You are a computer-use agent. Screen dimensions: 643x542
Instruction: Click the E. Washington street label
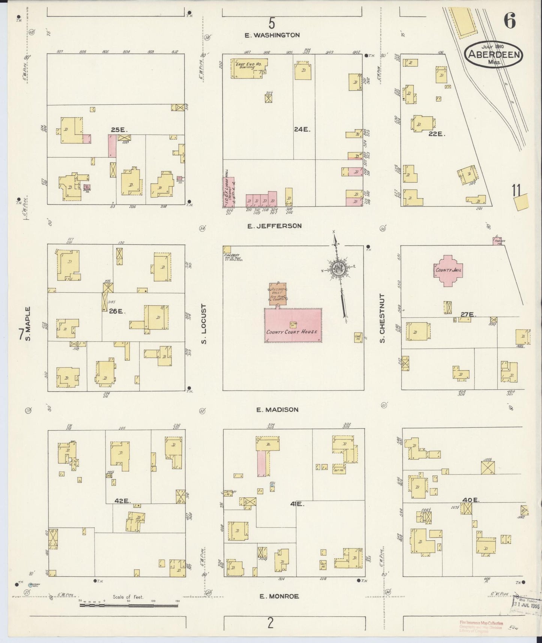point(272,35)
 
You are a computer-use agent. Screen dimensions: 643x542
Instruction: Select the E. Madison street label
point(278,410)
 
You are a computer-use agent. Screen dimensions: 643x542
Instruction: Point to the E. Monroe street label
point(279,596)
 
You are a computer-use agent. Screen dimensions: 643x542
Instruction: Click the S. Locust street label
point(204,324)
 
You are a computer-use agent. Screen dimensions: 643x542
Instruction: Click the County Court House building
point(293,326)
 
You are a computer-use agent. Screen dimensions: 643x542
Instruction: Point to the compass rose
point(337,268)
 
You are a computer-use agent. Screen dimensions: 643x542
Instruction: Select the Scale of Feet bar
point(129,604)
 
